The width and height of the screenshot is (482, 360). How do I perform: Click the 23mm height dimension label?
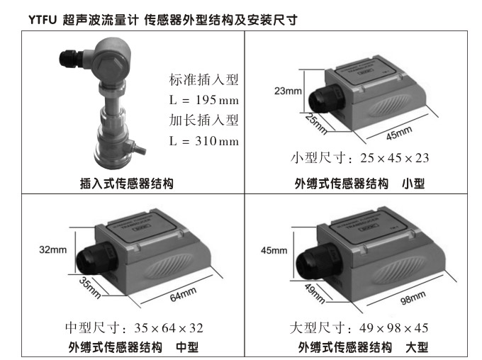click(287, 91)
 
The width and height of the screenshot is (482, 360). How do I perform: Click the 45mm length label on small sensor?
click(399, 133)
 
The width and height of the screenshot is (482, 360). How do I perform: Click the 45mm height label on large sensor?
click(274, 250)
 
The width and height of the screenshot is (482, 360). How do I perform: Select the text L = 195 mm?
click(204, 100)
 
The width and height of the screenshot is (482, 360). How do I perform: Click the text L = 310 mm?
click(204, 141)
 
